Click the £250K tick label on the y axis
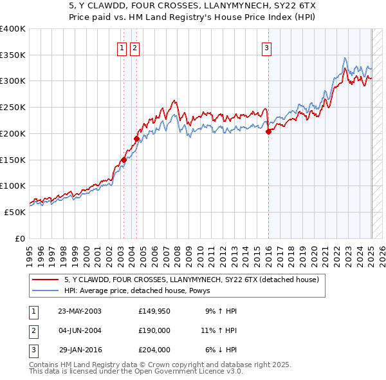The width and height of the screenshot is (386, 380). [x=13, y=107]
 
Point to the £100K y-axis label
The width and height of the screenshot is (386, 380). [x=13, y=185]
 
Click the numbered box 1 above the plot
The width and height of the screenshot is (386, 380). [x=122, y=47]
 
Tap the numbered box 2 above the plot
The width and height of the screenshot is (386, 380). [x=134, y=47]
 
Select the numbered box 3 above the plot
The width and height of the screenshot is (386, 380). [x=266, y=47]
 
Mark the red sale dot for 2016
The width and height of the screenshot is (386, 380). [x=268, y=131]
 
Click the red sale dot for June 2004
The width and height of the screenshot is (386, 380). [x=136, y=138]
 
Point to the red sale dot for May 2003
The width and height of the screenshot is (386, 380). [x=124, y=160]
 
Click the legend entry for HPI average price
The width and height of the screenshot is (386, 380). [x=142, y=290]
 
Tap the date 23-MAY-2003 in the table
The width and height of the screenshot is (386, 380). [x=80, y=311]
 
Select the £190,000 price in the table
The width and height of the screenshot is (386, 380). [x=154, y=330]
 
